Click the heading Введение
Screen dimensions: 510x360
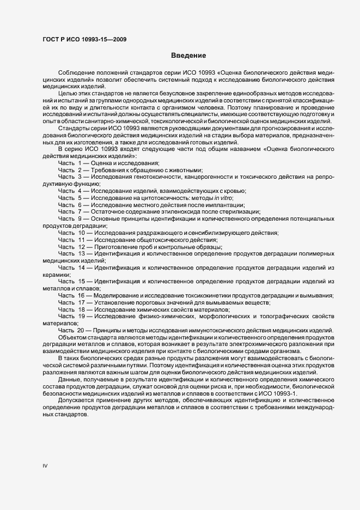coord(188,56)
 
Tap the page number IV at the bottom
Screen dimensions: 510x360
coord(46,466)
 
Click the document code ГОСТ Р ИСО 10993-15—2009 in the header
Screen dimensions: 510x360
coord(86,39)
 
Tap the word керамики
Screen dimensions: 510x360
coord(54,275)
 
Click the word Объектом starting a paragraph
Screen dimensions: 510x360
coord(72,337)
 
